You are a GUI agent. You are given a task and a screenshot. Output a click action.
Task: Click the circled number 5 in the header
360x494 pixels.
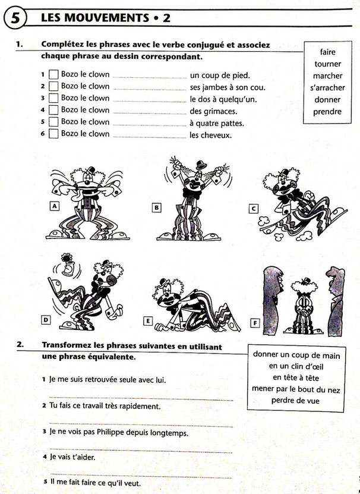[x=15, y=18]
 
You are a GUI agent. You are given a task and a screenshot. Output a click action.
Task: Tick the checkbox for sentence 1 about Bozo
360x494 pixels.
[x=53, y=75]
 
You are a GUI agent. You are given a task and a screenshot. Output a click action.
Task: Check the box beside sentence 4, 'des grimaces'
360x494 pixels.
[x=53, y=110]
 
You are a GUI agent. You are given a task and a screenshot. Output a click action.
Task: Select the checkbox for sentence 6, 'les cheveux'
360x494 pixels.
[x=53, y=134]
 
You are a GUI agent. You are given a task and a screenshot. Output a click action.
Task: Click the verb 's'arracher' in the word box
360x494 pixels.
[x=327, y=88]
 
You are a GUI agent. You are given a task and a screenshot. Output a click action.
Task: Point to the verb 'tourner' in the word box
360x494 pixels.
[x=327, y=64]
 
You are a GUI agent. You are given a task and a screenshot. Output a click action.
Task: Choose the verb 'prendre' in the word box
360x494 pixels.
[x=327, y=112]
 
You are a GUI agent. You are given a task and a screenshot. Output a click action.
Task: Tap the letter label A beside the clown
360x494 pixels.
[x=55, y=206]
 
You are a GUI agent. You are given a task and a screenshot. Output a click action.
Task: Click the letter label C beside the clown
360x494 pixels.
[x=254, y=209]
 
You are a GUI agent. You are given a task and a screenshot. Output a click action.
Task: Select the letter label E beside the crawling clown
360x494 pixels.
[x=148, y=321]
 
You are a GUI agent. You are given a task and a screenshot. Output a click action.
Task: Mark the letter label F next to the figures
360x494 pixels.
[x=255, y=323]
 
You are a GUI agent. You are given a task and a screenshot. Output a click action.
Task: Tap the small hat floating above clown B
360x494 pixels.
[x=201, y=165]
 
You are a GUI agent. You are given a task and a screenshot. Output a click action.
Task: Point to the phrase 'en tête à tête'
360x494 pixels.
[x=296, y=377]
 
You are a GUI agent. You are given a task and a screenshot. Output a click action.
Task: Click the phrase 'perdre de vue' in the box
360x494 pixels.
[x=295, y=401]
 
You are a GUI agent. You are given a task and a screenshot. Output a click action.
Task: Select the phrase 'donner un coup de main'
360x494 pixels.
[x=296, y=355]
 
